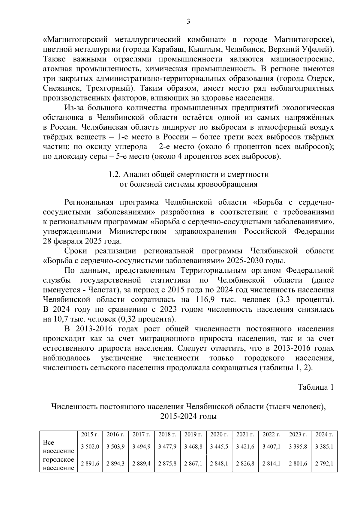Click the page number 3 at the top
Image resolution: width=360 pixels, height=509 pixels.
pos(188,21)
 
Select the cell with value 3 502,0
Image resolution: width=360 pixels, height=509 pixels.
pos(90,447)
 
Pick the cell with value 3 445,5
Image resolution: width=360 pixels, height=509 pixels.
pos(219,447)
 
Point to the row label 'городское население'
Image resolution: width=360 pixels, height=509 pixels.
pos(58,463)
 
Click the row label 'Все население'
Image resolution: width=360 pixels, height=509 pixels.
pos(58,447)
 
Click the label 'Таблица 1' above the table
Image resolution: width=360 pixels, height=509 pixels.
pos(316,387)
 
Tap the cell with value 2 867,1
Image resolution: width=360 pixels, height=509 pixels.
pos(193,463)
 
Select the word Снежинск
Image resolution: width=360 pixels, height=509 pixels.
pos(60,88)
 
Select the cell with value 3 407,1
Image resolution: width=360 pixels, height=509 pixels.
pos(271,447)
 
